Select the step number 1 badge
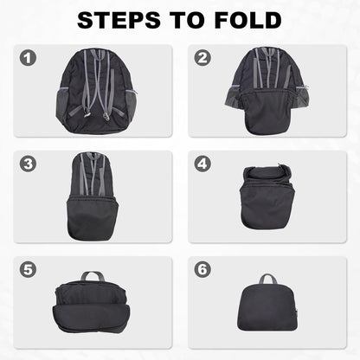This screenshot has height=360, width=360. [x=29, y=59]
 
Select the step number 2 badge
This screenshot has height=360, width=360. [x=204, y=59]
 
